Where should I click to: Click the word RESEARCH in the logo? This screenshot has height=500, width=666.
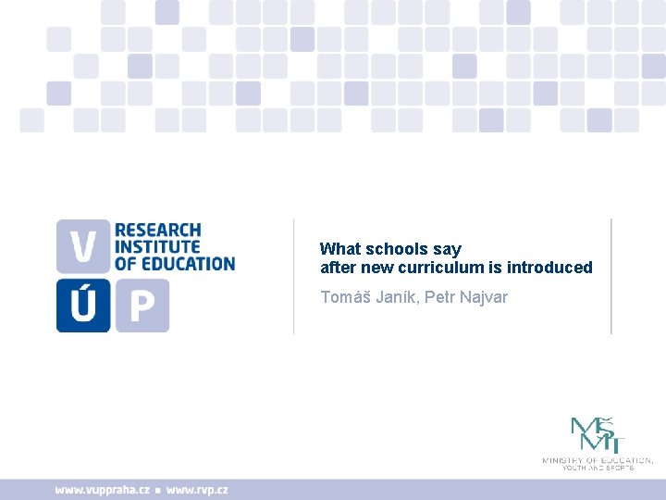click(x=157, y=230)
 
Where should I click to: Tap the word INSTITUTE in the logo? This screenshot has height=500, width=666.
click(x=157, y=246)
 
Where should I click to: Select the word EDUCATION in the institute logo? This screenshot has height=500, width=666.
click(x=187, y=263)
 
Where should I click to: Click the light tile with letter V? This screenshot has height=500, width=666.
click(x=82, y=245)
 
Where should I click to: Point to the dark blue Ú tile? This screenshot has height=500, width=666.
click(x=82, y=305)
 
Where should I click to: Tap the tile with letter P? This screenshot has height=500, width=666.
click(x=141, y=305)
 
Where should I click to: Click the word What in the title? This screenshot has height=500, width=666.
click(x=340, y=249)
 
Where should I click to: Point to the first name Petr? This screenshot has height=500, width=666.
click(x=440, y=297)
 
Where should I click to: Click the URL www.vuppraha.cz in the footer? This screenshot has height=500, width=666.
click(x=103, y=490)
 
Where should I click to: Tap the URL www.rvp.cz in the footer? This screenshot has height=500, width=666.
click(x=196, y=490)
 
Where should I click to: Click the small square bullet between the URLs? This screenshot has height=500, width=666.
click(x=158, y=491)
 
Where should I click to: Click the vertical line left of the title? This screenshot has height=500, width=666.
click(x=294, y=276)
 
